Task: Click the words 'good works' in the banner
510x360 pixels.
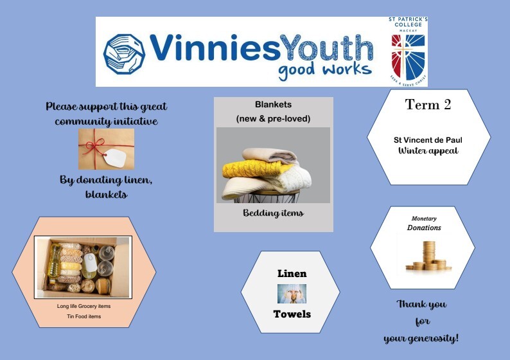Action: click(x=324, y=69)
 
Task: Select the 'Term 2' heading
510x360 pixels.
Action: click(x=428, y=105)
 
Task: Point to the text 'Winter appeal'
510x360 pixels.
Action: click(x=428, y=151)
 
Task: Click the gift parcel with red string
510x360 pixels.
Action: click(x=106, y=148)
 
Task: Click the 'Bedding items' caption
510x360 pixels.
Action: click(x=273, y=213)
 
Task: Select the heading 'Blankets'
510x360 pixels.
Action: click(x=273, y=104)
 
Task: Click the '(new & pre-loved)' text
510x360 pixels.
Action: click(x=273, y=119)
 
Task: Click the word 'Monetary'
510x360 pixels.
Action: click(x=423, y=219)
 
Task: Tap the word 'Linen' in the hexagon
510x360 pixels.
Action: click(x=292, y=274)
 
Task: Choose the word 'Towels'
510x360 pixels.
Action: click(x=292, y=314)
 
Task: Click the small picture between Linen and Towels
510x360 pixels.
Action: click(x=292, y=294)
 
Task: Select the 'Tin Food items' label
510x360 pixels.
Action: click(x=84, y=316)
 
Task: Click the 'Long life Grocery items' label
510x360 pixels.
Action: click(x=84, y=306)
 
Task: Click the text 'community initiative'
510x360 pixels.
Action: click(x=106, y=122)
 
